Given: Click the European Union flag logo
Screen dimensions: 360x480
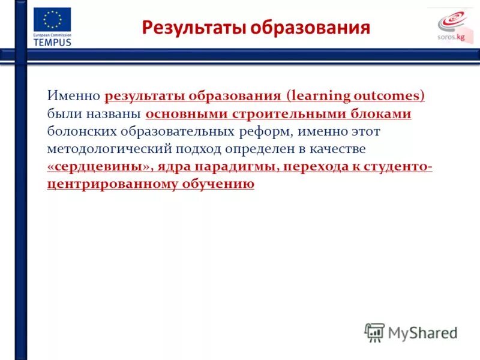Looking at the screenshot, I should [x=52, y=20].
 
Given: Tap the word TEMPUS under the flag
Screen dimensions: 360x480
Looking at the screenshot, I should [x=52, y=43].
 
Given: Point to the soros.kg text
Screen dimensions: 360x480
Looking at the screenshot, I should [x=452, y=37].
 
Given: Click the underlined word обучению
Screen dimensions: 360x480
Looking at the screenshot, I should [x=219, y=184].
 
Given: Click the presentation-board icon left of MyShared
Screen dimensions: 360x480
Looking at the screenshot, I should [x=374, y=331].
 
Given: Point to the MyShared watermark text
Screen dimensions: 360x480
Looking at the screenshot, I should [x=422, y=331].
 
